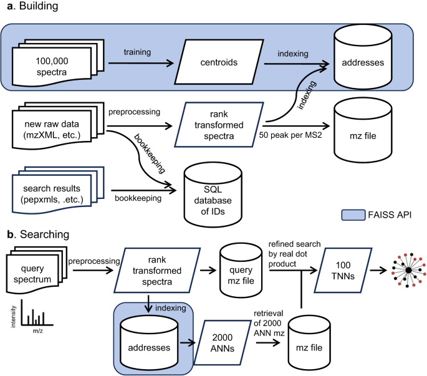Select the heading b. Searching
pyautogui.click(x=34, y=235)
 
